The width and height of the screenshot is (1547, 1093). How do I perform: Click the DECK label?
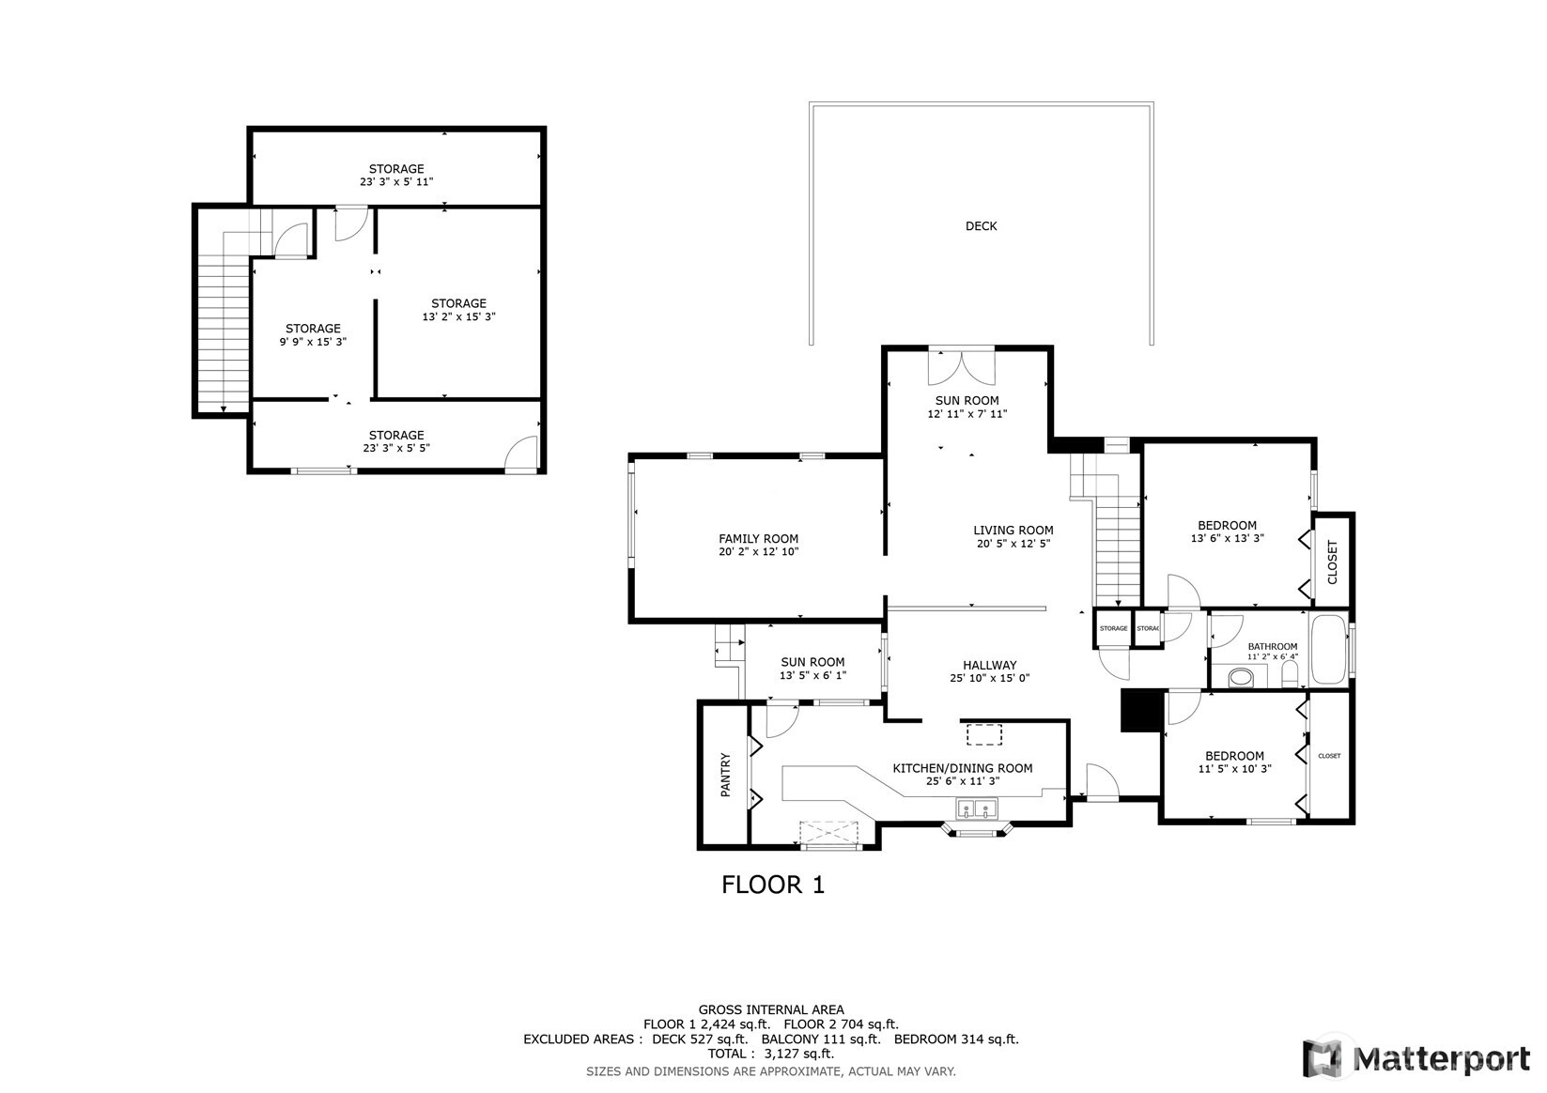[x=981, y=225]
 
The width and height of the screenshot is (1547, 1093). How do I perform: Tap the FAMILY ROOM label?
[x=758, y=539]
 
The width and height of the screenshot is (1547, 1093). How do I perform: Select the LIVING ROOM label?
[x=1013, y=531]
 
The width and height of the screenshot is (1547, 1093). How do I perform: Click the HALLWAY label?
[x=990, y=665]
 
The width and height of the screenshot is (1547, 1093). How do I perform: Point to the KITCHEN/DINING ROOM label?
[x=963, y=768]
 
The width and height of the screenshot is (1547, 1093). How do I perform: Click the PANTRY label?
[x=725, y=775]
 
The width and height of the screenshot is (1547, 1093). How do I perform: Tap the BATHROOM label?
[x=1272, y=646]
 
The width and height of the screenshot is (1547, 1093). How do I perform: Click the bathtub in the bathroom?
[x=1329, y=649]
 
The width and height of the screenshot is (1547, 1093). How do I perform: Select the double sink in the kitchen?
[x=977, y=808]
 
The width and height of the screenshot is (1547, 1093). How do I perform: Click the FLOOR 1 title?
[x=773, y=885]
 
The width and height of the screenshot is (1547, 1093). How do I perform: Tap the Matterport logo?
[x=1416, y=1058]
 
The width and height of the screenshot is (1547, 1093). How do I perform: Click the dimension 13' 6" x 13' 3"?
[x=1228, y=538]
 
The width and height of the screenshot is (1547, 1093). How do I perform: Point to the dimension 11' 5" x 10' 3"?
[x=1235, y=768]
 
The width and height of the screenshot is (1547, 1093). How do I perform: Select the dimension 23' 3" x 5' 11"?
[x=396, y=181]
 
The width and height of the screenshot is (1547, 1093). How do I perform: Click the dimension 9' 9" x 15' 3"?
[x=313, y=341]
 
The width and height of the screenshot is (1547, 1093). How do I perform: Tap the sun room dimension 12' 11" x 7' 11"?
[x=967, y=413]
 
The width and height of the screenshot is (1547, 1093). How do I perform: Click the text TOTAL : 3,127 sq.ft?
[x=771, y=1054]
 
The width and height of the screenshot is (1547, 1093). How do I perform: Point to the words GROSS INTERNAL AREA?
[x=771, y=1009]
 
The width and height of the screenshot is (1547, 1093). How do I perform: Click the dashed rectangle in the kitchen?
[x=984, y=734]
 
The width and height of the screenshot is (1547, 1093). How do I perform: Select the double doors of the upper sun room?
[x=961, y=368]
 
